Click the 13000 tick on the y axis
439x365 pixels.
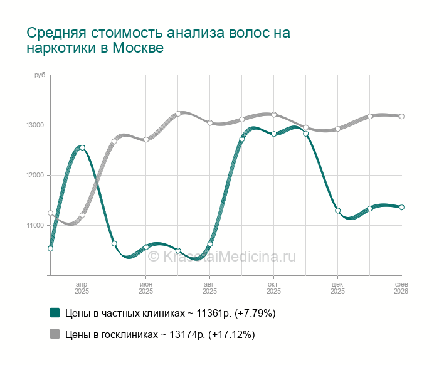click(x=34, y=125)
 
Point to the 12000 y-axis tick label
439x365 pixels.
click(x=34, y=175)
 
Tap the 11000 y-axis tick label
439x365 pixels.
click(x=34, y=225)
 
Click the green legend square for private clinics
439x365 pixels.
click(x=55, y=313)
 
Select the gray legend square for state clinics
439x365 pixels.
click(x=55, y=334)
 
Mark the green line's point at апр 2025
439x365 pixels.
click(x=82, y=148)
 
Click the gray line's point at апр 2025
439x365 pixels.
click(x=82, y=215)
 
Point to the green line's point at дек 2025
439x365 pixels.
click(x=337, y=211)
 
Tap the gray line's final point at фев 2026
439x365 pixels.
click(x=401, y=116)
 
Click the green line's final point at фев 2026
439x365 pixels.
click(x=401, y=207)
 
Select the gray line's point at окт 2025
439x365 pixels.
click(x=274, y=114)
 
